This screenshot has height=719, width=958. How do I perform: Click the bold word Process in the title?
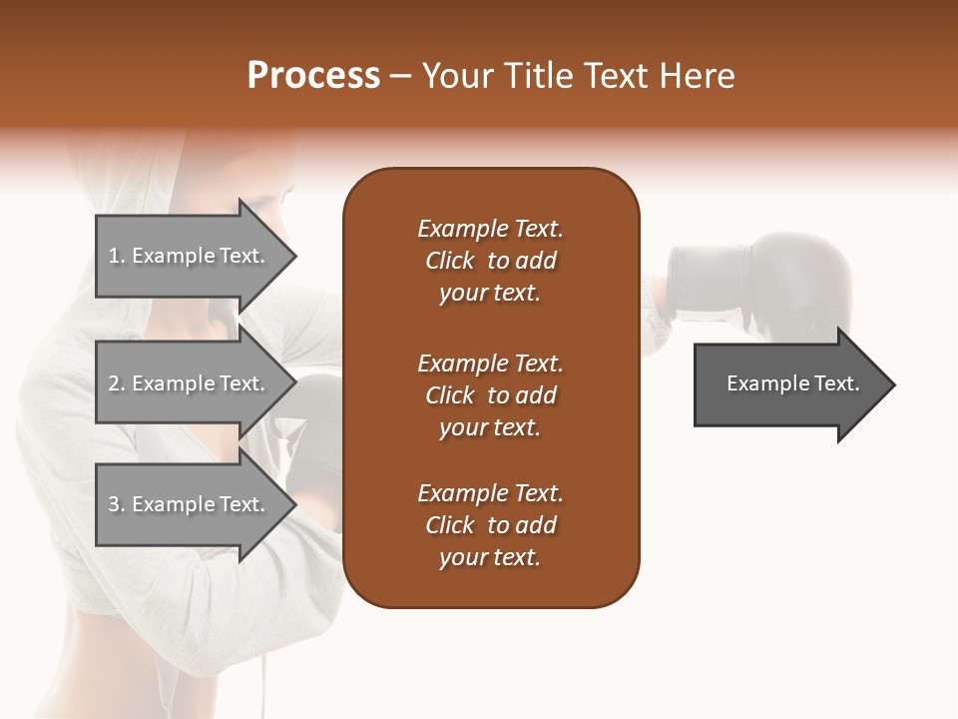313,76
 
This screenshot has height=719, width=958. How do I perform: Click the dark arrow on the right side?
788,384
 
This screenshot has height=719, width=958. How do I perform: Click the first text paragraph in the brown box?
490,261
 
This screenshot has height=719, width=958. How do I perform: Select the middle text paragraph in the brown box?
490,395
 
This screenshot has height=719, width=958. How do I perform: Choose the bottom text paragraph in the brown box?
490,525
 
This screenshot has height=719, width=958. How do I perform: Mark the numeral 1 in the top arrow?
113,256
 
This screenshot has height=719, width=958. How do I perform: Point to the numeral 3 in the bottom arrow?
113,504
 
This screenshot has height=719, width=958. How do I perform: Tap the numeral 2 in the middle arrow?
113,383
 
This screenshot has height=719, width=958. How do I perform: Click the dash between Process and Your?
400,77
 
